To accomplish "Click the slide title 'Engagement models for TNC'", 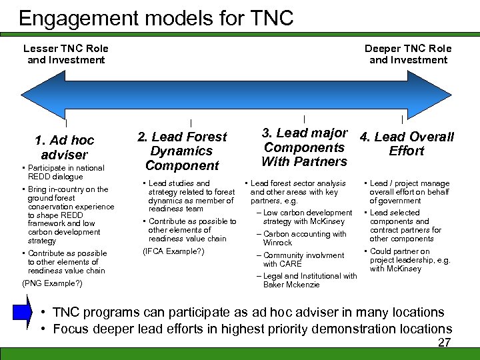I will tap(156, 18).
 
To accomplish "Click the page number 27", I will tap(444, 343).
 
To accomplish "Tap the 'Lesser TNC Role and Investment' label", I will tap(66, 54).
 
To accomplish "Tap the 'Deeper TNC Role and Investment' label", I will tap(408, 54).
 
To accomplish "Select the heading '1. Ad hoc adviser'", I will tap(65, 147).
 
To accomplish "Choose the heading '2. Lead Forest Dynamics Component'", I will tap(182, 151).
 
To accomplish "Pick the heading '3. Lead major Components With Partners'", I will tap(305, 147).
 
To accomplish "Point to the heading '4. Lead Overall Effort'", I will tap(407, 143).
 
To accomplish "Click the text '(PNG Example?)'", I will tap(53, 283).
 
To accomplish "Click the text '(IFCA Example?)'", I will tap(174, 251).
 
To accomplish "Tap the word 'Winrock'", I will tap(277, 243).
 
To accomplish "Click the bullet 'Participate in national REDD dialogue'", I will tap(65, 172).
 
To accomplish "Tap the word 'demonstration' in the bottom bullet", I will tap(329, 329).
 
